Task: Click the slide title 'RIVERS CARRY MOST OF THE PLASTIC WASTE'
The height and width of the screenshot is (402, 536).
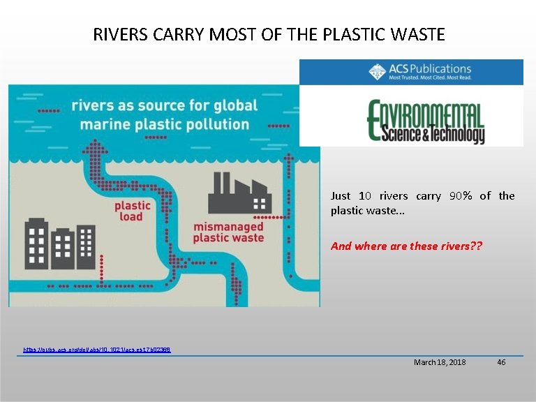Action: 269,34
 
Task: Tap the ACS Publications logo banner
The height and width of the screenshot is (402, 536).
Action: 411,72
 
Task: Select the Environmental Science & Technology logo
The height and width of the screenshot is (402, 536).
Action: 425,121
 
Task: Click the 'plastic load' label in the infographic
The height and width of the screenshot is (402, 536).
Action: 132,211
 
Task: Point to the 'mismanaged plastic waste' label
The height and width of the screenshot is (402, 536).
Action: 228,232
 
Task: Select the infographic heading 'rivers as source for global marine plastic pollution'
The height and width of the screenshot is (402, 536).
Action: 164,115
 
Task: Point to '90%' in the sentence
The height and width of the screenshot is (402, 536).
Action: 461,196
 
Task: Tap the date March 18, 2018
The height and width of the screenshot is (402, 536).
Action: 440,362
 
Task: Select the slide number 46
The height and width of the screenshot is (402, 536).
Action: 501,362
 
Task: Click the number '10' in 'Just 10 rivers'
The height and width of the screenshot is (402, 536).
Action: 365,196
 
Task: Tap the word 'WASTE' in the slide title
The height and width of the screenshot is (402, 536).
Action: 419,34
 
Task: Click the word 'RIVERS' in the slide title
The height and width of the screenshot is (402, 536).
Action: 117,34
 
